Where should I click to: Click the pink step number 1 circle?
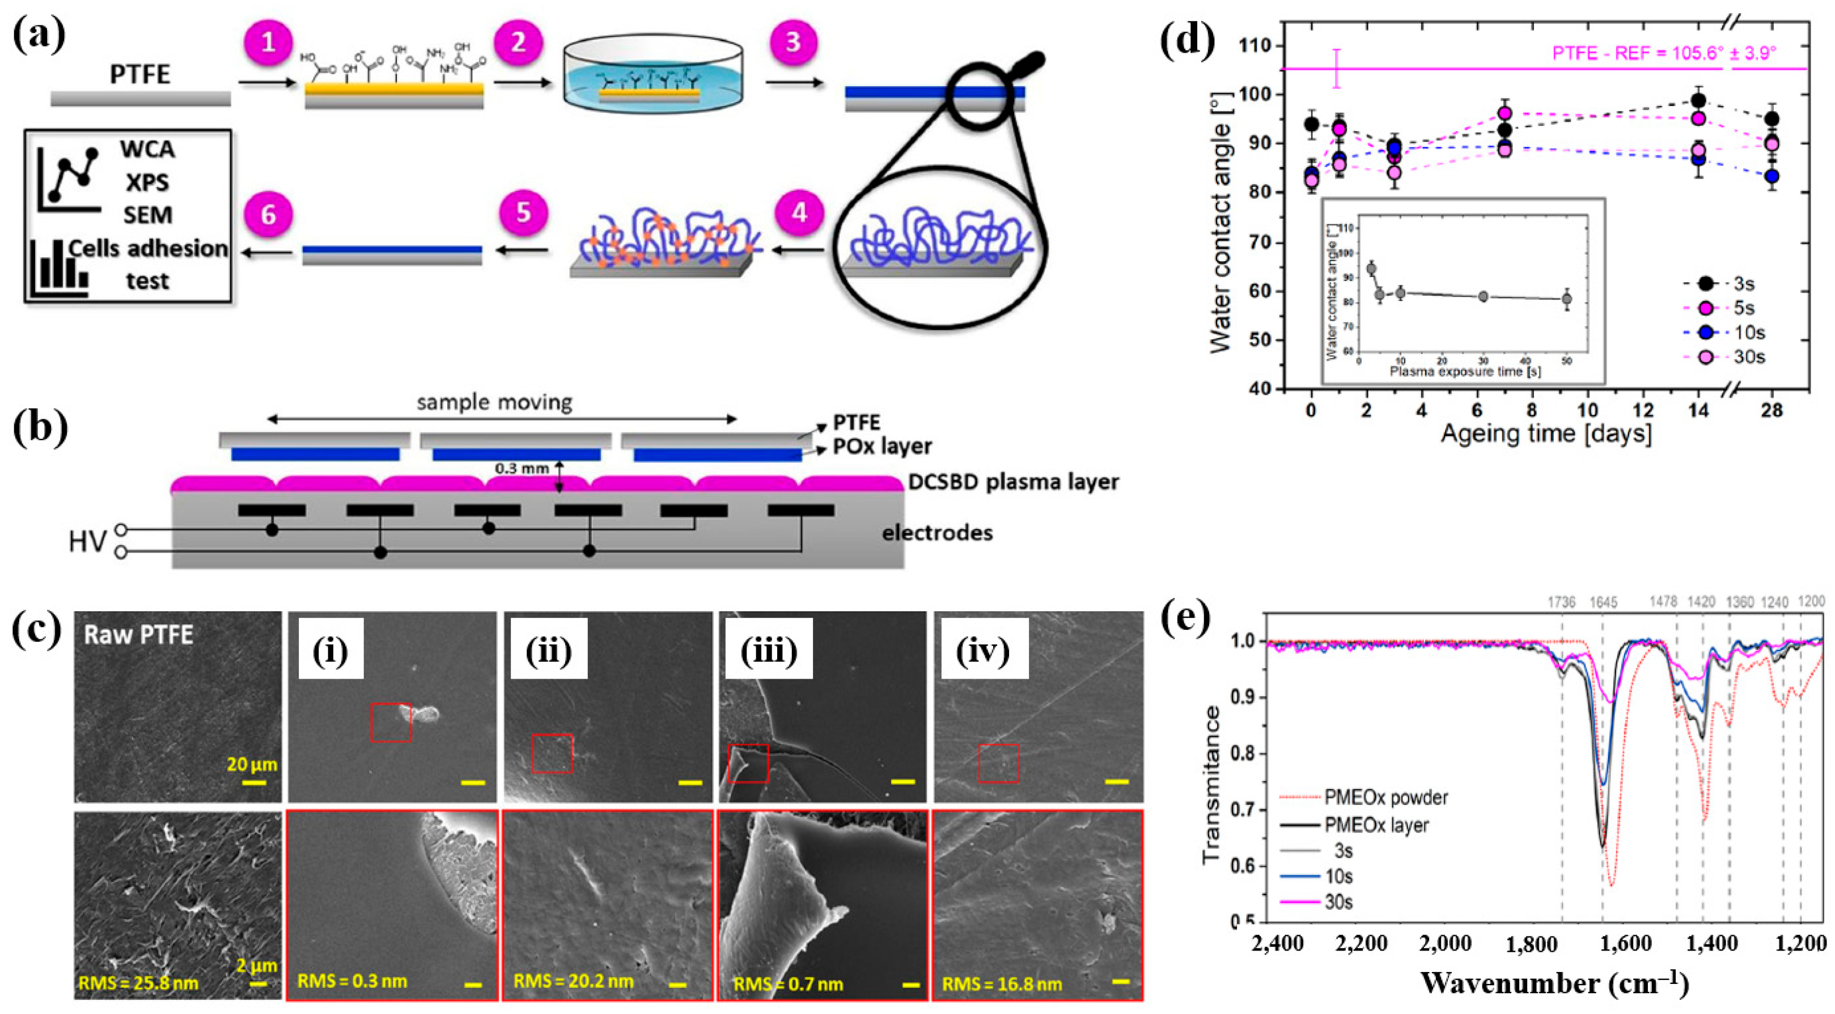269,42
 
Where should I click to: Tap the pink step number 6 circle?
269,214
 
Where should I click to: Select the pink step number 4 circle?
799,213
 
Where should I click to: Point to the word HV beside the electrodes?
87,542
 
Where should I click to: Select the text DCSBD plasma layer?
1013,482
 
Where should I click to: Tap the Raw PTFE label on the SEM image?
139,634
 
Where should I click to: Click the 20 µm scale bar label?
252,764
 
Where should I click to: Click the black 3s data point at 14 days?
1698,100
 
